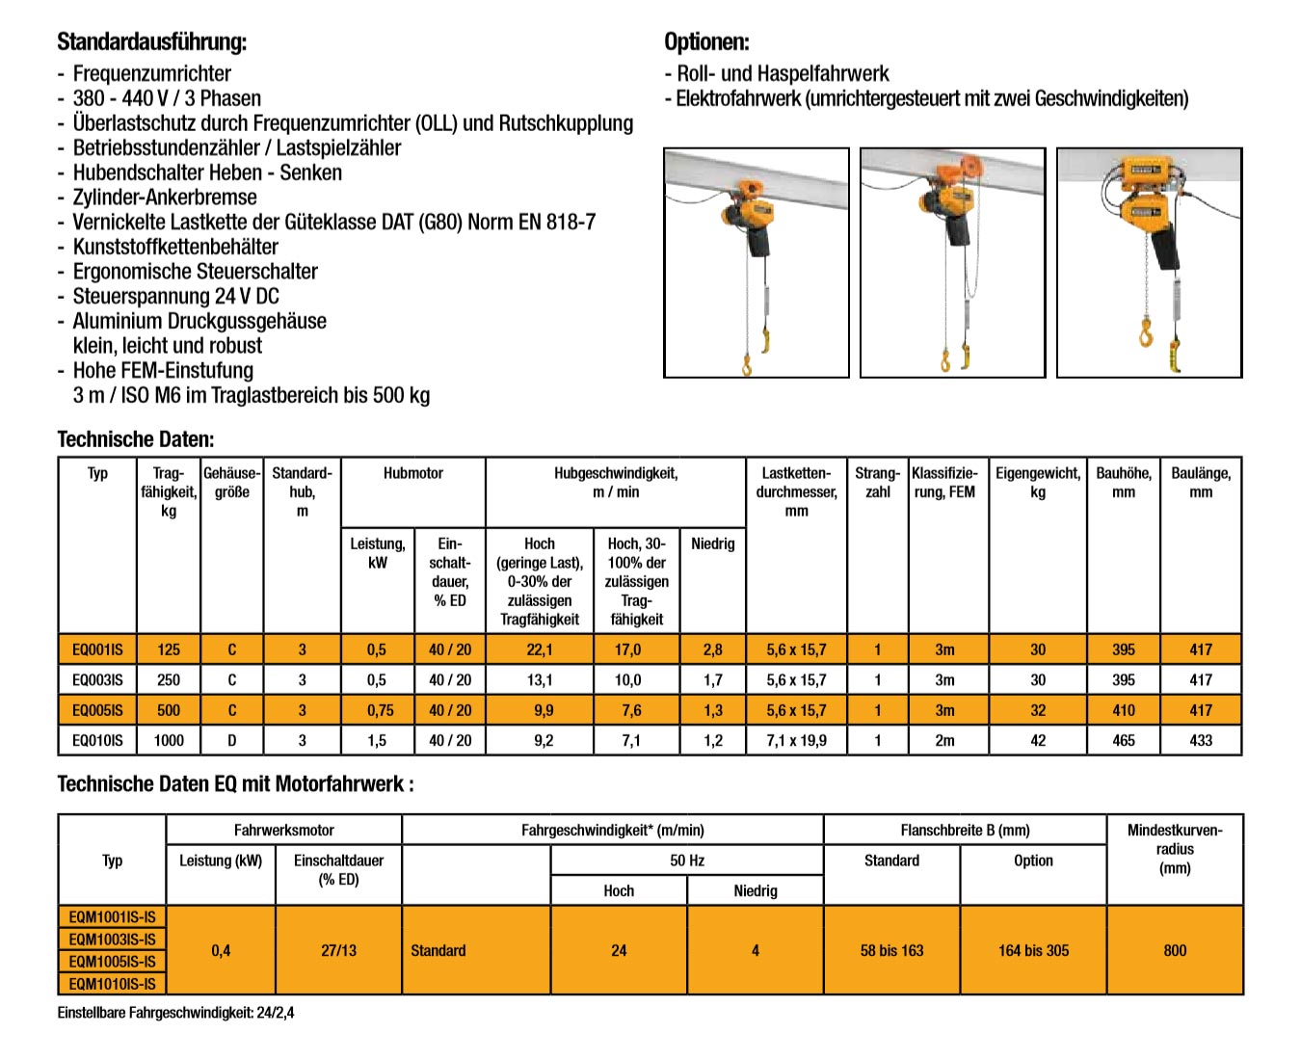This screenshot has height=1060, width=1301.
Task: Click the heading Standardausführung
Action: [151, 42]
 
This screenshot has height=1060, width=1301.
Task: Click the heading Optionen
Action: [706, 42]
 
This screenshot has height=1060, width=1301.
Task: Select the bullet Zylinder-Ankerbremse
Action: [165, 198]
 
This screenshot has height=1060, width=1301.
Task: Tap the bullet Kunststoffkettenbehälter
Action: [175, 247]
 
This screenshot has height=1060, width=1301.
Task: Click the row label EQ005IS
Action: [97, 710]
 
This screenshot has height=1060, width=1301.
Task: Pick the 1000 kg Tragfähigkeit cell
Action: [169, 741]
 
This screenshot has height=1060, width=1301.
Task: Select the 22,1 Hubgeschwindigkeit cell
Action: [540, 650]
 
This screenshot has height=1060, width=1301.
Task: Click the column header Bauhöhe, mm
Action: [1123, 482]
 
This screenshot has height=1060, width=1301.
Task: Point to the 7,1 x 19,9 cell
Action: [796, 741]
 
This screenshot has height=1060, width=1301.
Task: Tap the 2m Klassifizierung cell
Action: [944, 741]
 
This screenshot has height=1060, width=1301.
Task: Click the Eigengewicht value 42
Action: [1037, 741]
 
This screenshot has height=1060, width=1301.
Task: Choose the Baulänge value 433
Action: [1200, 741]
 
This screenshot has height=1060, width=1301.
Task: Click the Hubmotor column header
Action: [412, 473]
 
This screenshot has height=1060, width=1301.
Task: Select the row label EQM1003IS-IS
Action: [112, 940]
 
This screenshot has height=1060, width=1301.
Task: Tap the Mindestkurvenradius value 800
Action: [1174, 951]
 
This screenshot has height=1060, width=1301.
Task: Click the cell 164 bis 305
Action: [1033, 951]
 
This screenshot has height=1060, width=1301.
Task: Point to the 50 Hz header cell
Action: [687, 861]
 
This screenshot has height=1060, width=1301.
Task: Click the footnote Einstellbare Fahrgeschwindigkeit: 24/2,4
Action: [175, 1013]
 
